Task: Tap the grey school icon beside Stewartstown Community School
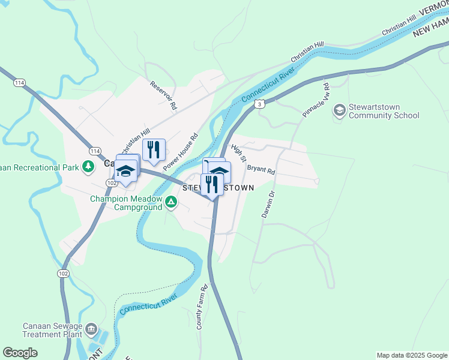click(x=340, y=109)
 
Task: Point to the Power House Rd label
click(x=180, y=151)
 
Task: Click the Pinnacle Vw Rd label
click(x=316, y=100)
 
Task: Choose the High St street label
click(x=239, y=154)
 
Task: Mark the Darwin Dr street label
click(x=268, y=204)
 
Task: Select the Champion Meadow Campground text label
click(x=126, y=203)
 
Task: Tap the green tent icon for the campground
click(x=171, y=202)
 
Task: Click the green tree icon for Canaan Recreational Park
click(x=88, y=166)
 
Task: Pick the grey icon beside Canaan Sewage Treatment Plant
click(x=91, y=328)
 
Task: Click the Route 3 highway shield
click(x=259, y=104)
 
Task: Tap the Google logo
click(x=20, y=353)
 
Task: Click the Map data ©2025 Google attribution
click(x=411, y=355)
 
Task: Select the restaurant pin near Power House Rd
click(x=154, y=150)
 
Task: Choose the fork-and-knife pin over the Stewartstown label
click(x=212, y=184)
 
